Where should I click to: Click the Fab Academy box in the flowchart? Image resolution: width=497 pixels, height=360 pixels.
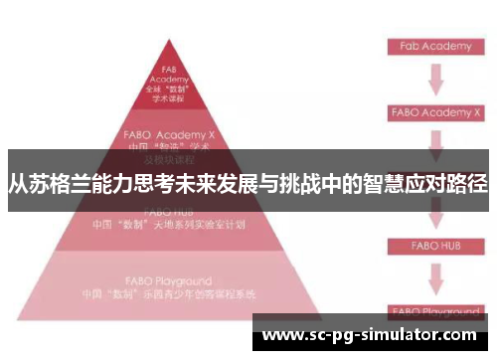tap(435, 46)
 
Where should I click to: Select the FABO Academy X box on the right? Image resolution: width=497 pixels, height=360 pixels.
tap(435, 112)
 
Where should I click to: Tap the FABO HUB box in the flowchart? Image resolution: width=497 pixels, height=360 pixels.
tap(435, 244)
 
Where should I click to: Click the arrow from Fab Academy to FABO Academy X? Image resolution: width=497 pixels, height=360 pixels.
tap(435, 79)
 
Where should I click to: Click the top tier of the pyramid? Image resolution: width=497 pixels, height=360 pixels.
tap(168, 86)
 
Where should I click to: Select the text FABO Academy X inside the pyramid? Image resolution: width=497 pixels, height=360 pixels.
tap(169, 130)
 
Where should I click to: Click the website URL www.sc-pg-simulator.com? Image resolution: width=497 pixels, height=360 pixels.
tap(368, 335)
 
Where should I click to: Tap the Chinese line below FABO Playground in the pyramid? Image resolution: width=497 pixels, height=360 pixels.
tap(169, 295)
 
